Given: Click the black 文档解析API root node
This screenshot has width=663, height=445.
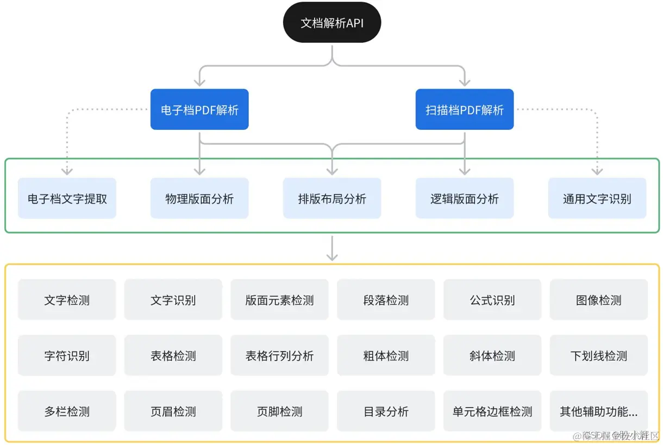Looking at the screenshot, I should pos(332,23).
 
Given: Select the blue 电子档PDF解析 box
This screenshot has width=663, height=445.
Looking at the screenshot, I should pos(199,110).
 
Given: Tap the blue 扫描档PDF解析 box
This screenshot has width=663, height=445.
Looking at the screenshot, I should pos(465,110).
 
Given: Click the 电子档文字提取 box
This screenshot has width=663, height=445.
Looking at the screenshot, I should pos(67,198).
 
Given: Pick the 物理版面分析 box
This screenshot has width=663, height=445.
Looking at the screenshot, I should pos(199,198).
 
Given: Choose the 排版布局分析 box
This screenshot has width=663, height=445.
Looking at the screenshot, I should pos(332,198).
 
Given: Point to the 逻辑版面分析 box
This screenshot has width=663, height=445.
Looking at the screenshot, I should pos(465,198).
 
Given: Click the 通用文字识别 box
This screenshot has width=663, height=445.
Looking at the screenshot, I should pos(597,198).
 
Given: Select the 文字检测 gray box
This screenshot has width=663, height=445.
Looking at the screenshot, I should pos(67,300).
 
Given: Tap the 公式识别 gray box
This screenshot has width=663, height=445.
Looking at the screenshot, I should pos(492,300).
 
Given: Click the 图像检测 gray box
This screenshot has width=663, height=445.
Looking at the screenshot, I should pos(599,300).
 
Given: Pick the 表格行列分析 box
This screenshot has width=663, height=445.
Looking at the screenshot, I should pos(279,356).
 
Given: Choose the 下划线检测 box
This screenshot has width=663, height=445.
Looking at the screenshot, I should pos(599,356).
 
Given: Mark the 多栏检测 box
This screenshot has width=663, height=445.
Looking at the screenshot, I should pos(67,411).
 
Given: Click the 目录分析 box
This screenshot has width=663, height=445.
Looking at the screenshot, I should pos(386,411).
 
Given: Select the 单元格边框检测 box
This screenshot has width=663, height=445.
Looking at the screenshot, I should pos(492,411).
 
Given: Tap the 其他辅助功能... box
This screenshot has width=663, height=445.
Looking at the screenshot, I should pos(599,411).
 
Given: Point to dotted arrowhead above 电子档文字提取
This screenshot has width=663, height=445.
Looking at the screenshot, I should pos(67,171).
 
